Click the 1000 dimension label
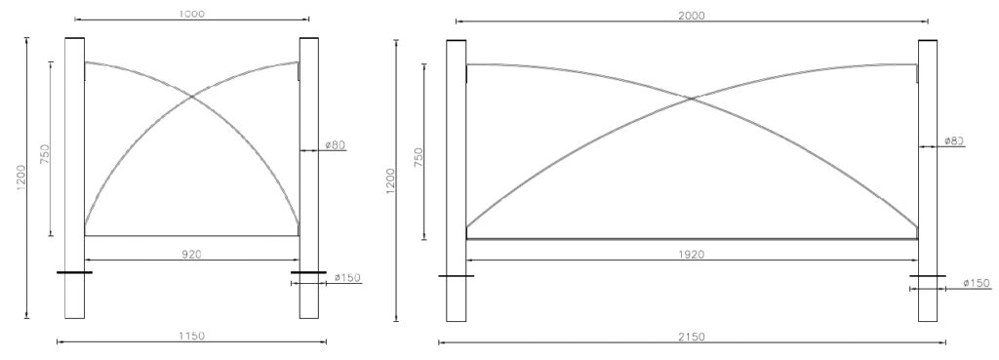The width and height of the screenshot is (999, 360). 192,14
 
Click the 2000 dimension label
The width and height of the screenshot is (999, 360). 692,16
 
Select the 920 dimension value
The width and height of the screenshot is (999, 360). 192,255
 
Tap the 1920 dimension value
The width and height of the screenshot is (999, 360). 692,255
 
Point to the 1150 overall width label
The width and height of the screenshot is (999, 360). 192,336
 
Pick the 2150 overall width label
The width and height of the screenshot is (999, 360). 692,337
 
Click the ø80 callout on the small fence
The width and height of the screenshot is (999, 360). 336,145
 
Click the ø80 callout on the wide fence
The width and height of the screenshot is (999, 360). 954,140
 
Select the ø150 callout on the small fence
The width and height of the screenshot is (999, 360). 347,277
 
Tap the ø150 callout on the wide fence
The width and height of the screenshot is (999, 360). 977,283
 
